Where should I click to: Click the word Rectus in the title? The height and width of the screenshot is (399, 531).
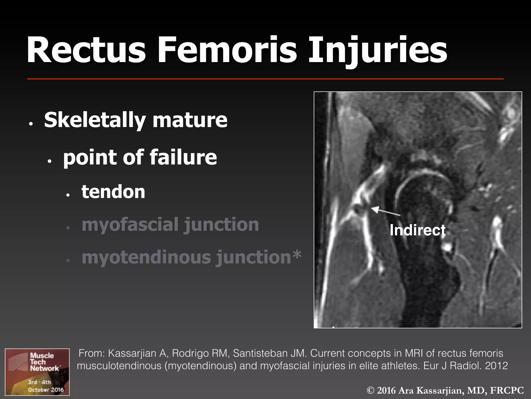click(86, 50)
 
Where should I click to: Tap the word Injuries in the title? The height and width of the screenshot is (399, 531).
click(377, 50)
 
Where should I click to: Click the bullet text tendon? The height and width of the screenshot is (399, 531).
click(113, 192)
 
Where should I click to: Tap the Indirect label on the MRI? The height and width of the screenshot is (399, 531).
click(417, 230)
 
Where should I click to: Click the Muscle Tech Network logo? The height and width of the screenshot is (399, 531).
click(37, 372)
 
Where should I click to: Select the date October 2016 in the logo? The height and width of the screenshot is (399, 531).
click(46, 390)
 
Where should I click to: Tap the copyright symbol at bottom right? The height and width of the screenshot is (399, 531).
click(371, 390)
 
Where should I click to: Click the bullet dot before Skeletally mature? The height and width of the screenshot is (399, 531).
click(31, 124)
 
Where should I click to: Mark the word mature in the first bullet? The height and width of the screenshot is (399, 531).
click(190, 120)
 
